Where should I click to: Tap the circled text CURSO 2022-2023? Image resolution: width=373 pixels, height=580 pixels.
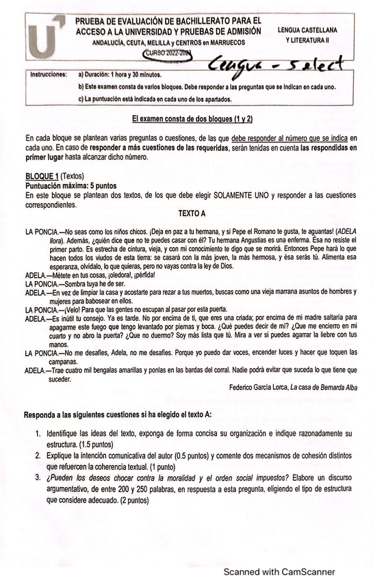[x=167, y=52]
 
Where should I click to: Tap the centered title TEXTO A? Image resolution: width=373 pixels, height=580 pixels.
[x=192, y=213]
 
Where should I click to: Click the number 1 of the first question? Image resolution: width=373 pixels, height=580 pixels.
[x=38, y=434]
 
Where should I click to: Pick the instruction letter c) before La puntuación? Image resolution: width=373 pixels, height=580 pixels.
[x=82, y=100]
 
